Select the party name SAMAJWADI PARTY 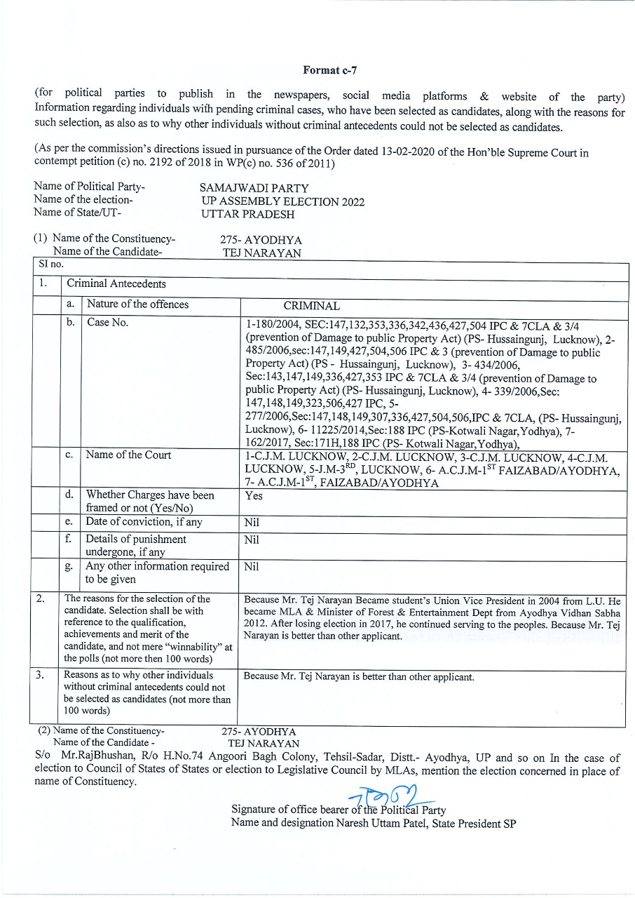click(x=254, y=189)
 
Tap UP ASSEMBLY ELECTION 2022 click(x=282, y=201)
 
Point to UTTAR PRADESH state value click(x=247, y=215)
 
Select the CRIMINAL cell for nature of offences click(x=311, y=306)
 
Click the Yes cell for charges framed click(x=254, y=495)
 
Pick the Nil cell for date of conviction click(x=252, y=523)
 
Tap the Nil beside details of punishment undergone click(x=252, y=540)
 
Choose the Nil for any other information click(x=252, y=567)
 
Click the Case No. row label click(x=107, y=323)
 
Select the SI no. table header click(x=50, y=264)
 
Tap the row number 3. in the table click(x=41, y=675)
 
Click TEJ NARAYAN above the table click(x=261, y=253)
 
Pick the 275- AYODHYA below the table click(x=259, y=731)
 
